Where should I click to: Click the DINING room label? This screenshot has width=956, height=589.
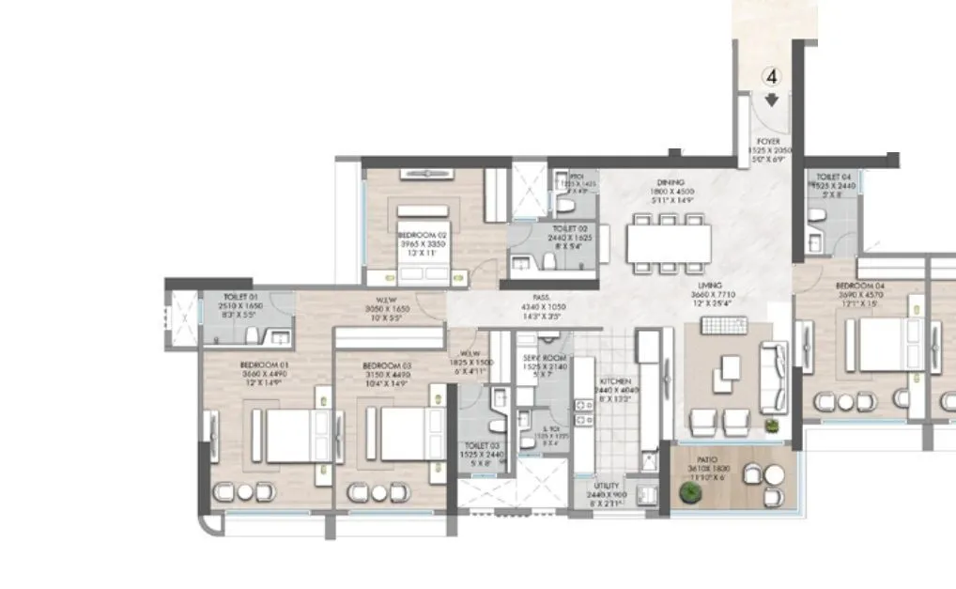671,182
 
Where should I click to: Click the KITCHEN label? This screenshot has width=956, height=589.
616,382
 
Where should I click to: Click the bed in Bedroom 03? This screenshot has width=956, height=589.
409,435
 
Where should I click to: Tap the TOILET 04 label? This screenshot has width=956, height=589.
834,177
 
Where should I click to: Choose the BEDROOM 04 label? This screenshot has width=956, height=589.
857,285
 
